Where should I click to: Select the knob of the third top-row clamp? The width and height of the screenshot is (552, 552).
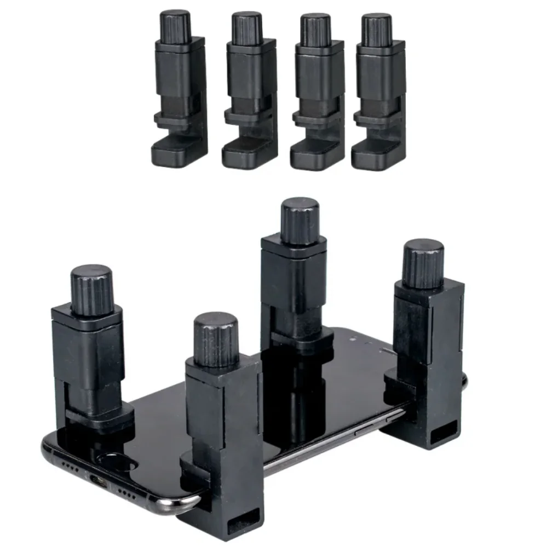(315, 28)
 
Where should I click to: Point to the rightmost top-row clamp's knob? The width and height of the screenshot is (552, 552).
(377, 28)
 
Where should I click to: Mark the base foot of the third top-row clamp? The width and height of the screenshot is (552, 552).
(315, 154)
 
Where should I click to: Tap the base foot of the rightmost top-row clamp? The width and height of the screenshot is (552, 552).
(377, 154)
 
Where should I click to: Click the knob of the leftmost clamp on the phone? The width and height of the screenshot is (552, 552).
(91, 290)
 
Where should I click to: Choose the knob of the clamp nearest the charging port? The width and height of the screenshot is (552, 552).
(216, 338)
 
